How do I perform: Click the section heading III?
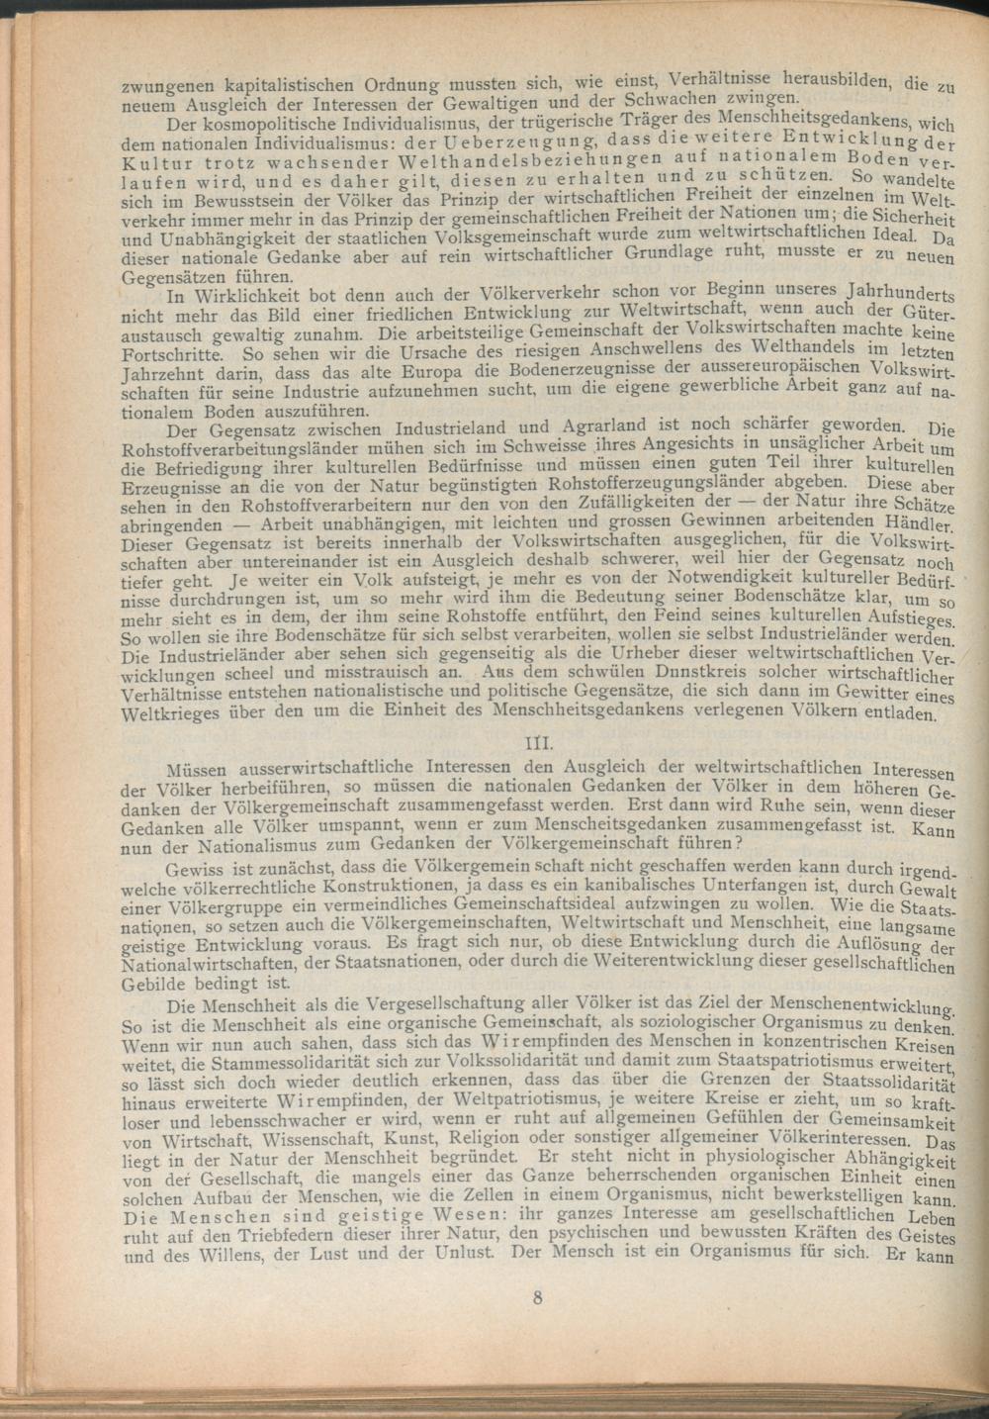tap(537, 743)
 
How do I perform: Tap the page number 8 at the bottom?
tap(537, 1298)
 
